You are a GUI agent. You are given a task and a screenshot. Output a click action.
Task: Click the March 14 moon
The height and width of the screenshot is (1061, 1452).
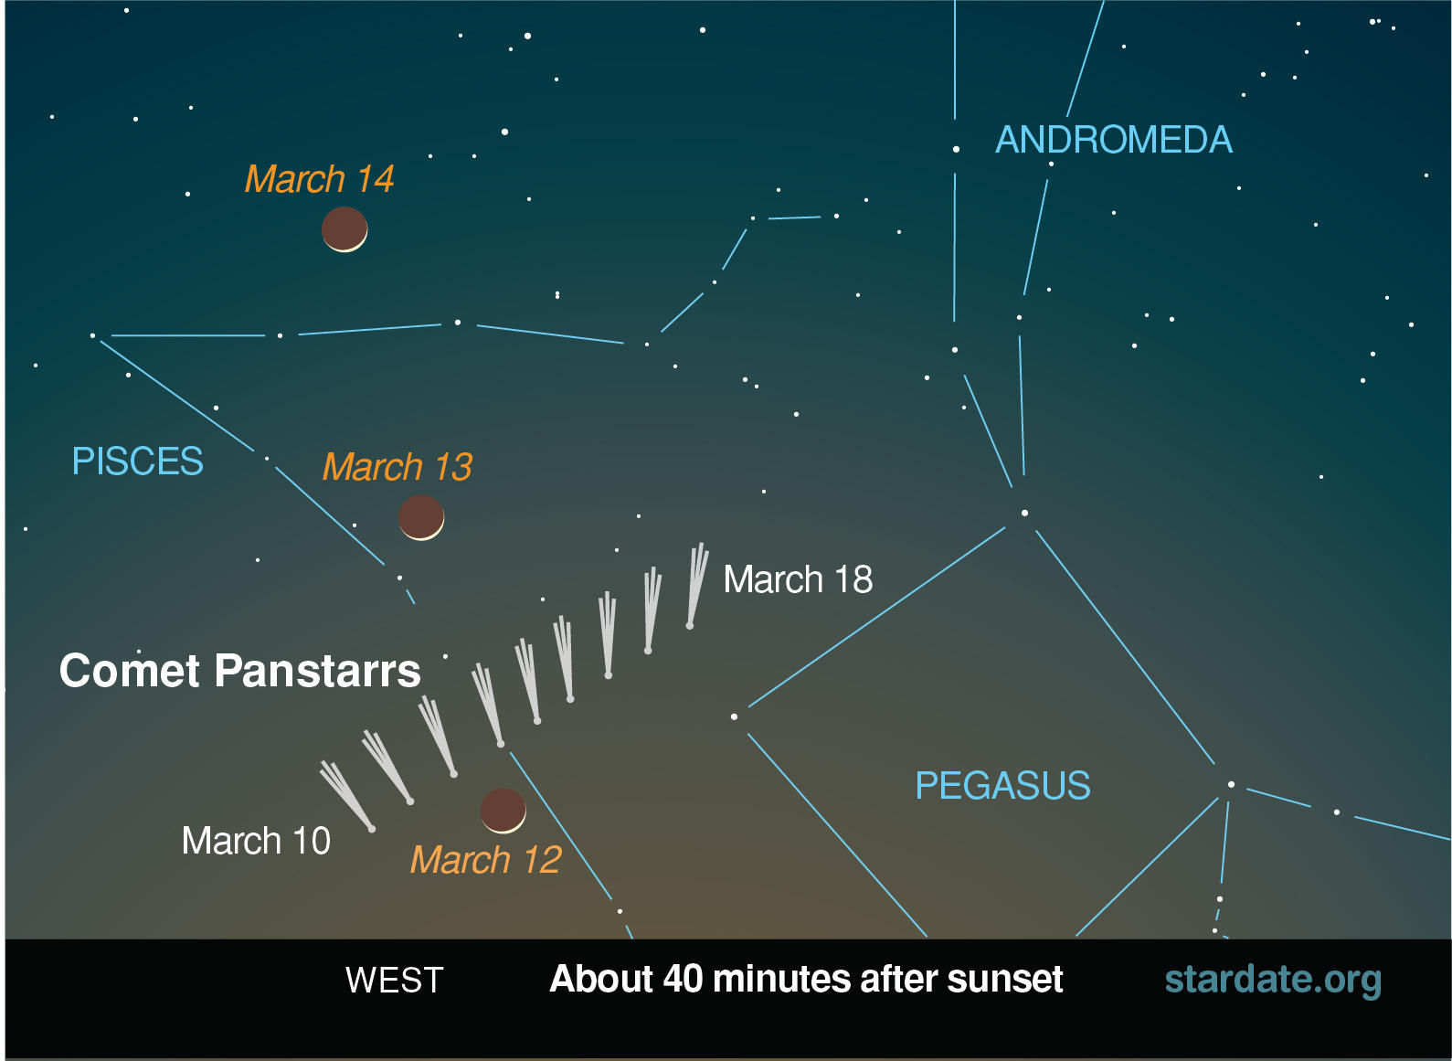coord(344,228)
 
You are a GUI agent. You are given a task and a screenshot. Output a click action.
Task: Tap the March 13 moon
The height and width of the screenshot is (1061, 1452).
coord(421,517)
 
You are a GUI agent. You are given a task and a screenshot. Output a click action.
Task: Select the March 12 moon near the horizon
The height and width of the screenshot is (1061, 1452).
coord(503,811)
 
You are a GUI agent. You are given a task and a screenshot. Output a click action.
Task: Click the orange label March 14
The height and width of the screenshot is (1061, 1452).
coord(319,179)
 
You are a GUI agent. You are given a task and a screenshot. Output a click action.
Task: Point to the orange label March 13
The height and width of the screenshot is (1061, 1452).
coord(397,467)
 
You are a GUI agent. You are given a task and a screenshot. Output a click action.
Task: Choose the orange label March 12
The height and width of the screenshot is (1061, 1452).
coord(485,860)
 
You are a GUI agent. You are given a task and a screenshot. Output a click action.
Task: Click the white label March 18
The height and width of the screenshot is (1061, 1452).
coord(798,579)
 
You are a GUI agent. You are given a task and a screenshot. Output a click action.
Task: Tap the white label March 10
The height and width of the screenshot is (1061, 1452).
coord(256,841)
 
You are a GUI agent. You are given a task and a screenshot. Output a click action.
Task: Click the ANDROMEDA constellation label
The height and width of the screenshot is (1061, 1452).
coord(1113,140)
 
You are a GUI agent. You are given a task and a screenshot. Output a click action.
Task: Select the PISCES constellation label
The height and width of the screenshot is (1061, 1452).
coord(138,462)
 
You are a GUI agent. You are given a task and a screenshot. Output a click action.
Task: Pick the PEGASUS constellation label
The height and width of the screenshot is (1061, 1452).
coord(1002,786)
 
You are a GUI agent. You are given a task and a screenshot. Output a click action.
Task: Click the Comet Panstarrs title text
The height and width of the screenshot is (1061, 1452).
coord(239,671)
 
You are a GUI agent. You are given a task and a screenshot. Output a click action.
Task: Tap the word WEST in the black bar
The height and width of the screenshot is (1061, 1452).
coord(394,981)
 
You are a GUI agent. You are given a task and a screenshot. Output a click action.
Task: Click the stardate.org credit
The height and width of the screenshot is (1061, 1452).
coord(1272,980)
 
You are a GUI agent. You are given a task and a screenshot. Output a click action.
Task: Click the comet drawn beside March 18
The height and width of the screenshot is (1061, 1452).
coord(695,586)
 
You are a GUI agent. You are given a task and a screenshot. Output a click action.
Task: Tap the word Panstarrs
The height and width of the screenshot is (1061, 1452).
coord(317,671)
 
